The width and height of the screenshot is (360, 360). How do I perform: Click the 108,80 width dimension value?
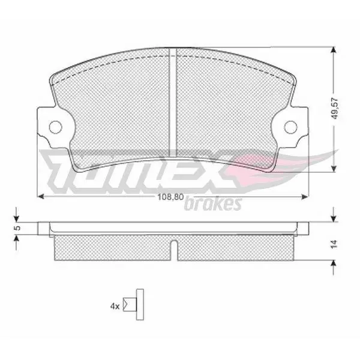(x=170, y=197)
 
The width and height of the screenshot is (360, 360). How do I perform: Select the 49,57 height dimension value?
(x=335, y=108)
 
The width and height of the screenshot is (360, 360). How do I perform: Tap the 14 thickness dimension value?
(x=334, y=244)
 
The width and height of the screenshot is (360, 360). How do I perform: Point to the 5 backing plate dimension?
(x=17, y=228)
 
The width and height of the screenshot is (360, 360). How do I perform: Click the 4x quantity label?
(x=115, y=306)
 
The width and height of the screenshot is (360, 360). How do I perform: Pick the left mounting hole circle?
(x=56, y=127)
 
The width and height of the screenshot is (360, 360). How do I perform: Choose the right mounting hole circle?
(x=290, y=127)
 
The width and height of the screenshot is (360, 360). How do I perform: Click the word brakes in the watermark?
(x=213, y=203)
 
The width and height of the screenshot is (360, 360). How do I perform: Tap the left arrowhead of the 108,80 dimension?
(x=40, y=197)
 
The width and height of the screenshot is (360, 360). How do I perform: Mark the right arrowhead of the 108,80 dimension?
(x=304, y=197)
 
